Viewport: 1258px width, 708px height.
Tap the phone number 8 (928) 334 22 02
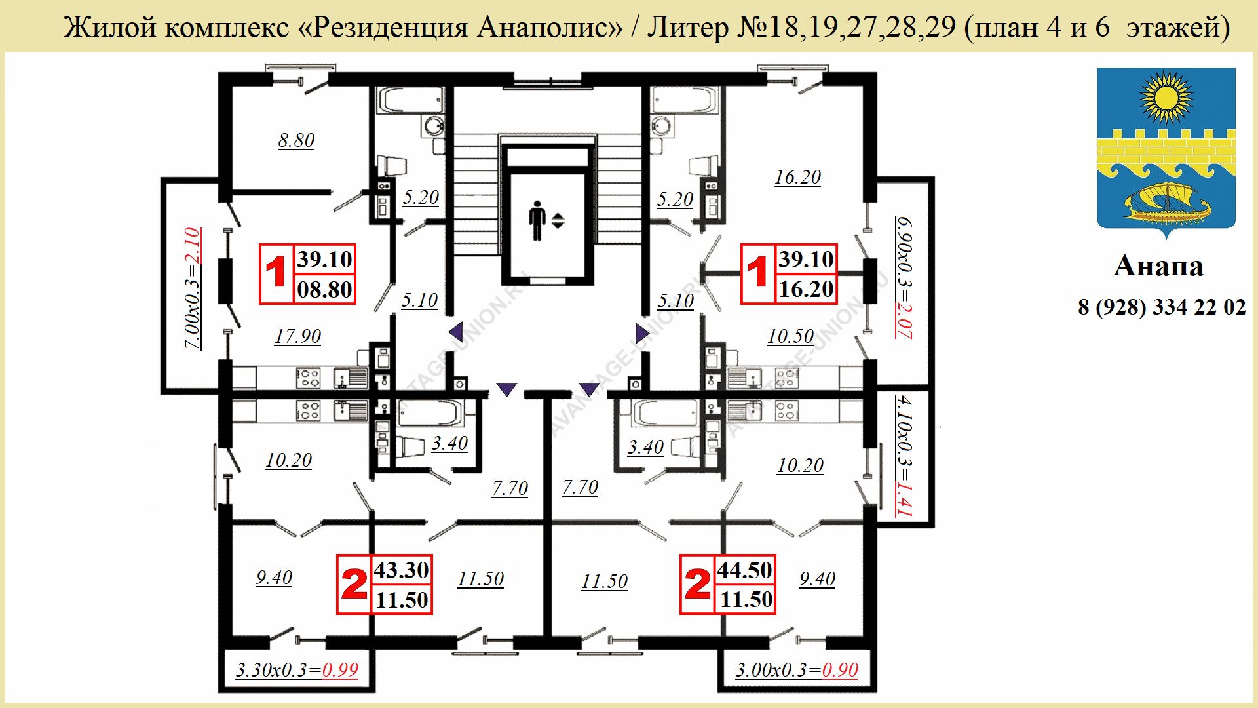pyautogui.click(x=1162, y=307)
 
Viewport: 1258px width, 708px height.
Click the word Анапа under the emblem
pyautogui.click(x=1158, y=266)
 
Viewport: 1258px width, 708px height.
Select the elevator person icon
pyautogui.click(x=537, y=220)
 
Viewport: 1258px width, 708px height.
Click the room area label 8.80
pyautogui.click(x=296, y=140)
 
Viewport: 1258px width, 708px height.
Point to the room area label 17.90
pyautogui.click(x=297, y=336)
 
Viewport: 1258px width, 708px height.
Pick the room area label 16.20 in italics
pyautogui.click(x=797, y=177)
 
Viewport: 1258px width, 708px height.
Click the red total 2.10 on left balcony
pyautogui.click(x=192, y=245)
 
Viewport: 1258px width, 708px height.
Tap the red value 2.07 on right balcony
pyautogui.click(x=904, y=321)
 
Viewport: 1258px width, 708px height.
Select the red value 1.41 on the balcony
pyautogui.click(x=904, y=499)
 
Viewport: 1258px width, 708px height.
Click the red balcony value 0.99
pyautogui.click(x=340, y=670)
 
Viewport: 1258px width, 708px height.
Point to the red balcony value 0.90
pyautogui.click(x=840, y=670)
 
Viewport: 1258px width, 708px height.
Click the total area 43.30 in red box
pyautogui.click(x=401, y=570)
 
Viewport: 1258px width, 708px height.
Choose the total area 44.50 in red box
pyautogui.click(x=744, y=570)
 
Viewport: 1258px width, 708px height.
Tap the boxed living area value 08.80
pyautogui.click(x=324, y=289)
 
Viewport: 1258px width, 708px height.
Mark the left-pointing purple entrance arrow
pyautogui.click(x=456, y=332)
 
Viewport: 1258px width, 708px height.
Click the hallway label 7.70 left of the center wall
pyautogui.click(x=510, y=488)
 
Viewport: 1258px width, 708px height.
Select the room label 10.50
pyautogui.click(x=790, y=336)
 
